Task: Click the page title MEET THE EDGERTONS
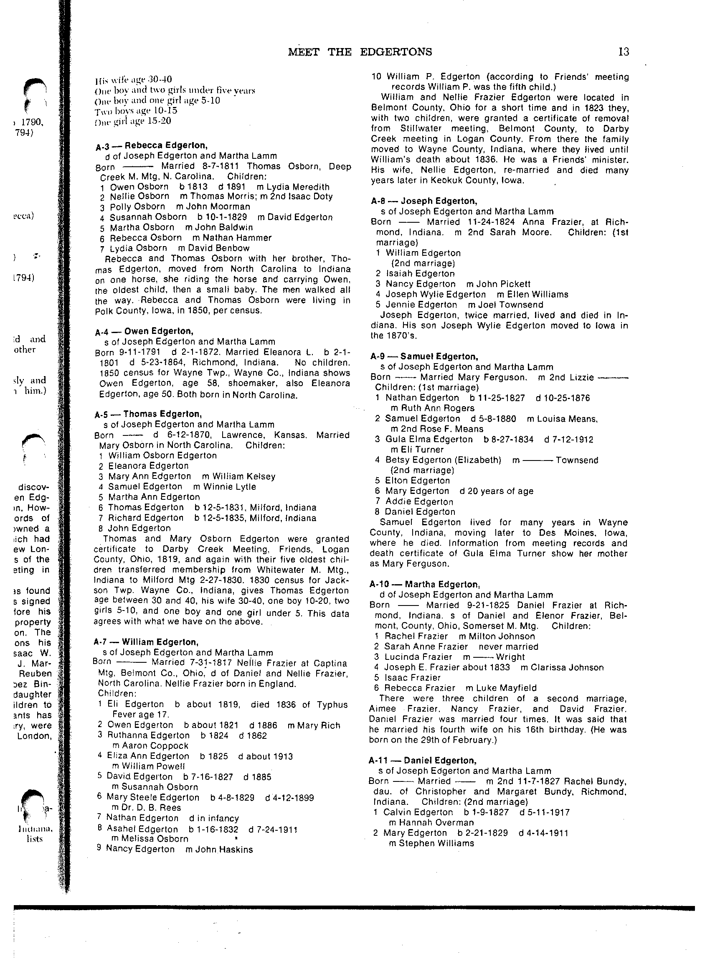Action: (x=360, y=52)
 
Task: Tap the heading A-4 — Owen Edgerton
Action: (x=144, y=331)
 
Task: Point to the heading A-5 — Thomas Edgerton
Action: (x=148, y=415)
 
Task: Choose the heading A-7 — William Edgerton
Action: (x=146, y=642)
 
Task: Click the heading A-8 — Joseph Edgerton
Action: (x=423, y=201)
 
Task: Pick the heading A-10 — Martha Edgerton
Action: (x=424, y=585)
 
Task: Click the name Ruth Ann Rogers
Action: (x=436, y=408)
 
